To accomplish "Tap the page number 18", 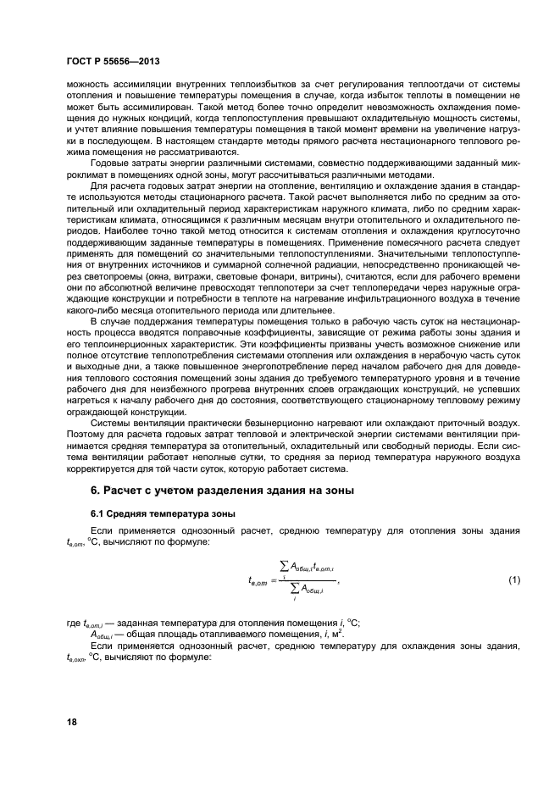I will tap(74, 721).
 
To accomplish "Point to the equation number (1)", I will tap(513, 580).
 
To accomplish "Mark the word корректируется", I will tap(103, 470).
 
